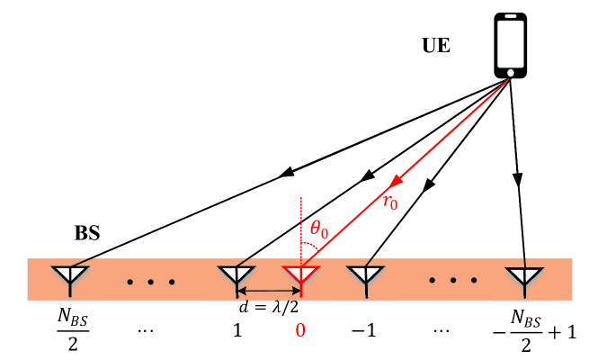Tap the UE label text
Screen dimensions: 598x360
click(x=436, y=44)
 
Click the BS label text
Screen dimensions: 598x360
click(x=87, y=232)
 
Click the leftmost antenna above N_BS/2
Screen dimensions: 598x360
click(x=68, y=276)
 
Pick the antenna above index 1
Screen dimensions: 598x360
click(x=237, y=276)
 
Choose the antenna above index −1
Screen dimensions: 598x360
click(x=365, y=276)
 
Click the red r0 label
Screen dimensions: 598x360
click(x=390, y=202)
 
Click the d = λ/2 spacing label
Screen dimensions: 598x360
click(x=267, y=307)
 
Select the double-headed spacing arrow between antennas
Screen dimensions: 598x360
click(x=268, y=292)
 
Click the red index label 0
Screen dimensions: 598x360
click(x=301, y=331)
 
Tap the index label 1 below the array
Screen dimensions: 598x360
click(x=238, y=331)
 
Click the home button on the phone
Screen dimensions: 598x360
click(x=511, y=71)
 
